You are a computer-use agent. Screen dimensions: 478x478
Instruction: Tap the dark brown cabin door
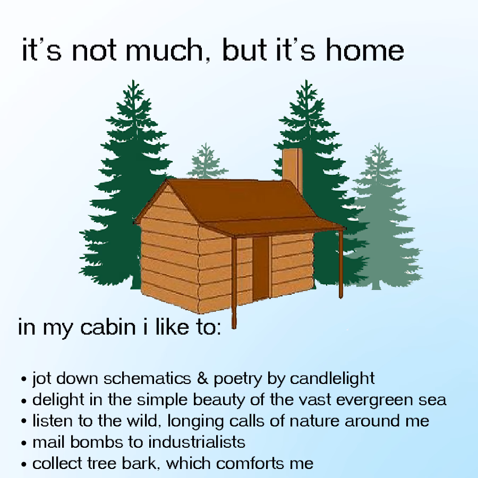click(x=261, y=268)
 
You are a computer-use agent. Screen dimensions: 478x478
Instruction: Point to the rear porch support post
click(x=341, y=264)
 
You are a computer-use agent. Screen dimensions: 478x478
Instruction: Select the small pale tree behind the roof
click(x=207, y=161)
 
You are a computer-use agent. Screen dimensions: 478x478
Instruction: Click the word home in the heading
click(x=365, y=50)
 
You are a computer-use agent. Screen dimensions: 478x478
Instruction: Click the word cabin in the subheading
click(x=108, y=327)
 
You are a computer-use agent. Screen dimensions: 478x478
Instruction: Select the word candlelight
click(x=332, y=378)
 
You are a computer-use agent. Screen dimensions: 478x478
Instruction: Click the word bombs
click(x=97, y=442)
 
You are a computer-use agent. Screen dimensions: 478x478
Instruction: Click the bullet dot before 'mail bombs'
click(x=24, y=443)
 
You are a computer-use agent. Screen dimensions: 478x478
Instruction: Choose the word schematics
click(x=147, y=378)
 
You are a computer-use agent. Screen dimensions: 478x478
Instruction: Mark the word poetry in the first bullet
click(x=238, y=379)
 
